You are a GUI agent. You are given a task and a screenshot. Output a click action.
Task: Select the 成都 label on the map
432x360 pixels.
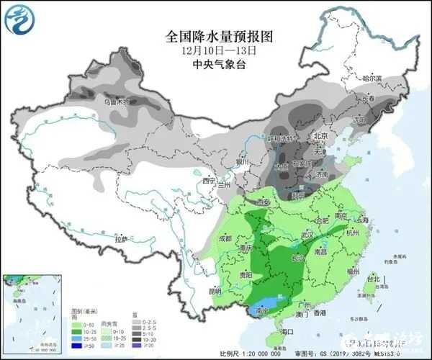pos(225,238)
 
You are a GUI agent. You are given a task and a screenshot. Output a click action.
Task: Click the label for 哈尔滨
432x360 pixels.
pos(372,77)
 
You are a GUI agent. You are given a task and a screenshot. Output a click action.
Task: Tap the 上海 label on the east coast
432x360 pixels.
pos(361,220)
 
